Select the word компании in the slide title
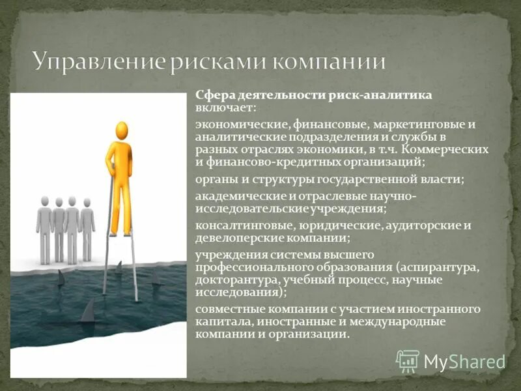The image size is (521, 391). click(x=329, y=62)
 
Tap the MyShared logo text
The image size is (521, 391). click(x=464, y=361)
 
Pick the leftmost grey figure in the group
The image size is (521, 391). click(x=44, y=225)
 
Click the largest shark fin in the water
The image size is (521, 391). click(x=87, y=311)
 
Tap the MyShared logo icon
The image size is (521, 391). click(x=408, y=361)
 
